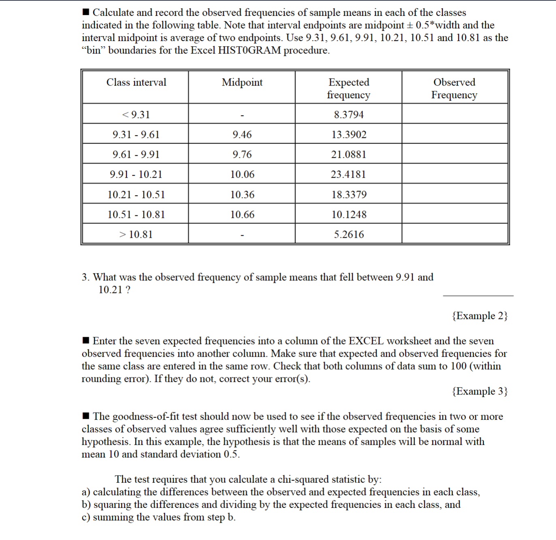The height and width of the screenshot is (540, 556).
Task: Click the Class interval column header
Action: pyautogui.click(x=136, y=82)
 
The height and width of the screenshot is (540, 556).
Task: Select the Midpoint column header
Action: pyautogui.click(x=242, y=82)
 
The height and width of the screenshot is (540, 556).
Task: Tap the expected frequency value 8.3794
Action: pyautogui.click(x=349, y=114)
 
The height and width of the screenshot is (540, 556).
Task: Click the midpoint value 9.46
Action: pyautogui.click(x=242, y=134)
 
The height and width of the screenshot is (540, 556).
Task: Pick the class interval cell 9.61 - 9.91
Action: pyautogui.click(x=136, y=154)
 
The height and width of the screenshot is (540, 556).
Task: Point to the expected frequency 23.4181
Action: pyautogui.click(x=349, y=174)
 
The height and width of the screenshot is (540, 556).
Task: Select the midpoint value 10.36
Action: pyautogui.click(x=242, y=194)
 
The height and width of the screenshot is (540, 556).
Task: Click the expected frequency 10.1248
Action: pyautogui.click(x=349, y=214)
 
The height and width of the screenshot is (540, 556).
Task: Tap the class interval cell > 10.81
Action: pyautogui.click(x=136, y=234)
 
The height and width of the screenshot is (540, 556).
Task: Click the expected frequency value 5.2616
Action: pyautogui.click(x=349, y=234)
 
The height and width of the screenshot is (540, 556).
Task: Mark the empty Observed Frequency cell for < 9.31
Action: pyautogui.click(x=455, y=114)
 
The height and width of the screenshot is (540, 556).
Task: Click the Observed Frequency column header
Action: pyautogui.click(x=454, y=88)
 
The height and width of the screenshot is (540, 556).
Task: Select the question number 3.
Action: pyautogui.click(x=85, y=277)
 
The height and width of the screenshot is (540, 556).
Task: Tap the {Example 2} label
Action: pyautogui.click(x=479, y=316)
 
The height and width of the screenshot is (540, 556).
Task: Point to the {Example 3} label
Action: pyautogui.click(x=479, y=391)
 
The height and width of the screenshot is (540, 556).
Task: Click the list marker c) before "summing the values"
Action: pyautogui.click(x=86, y=517)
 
